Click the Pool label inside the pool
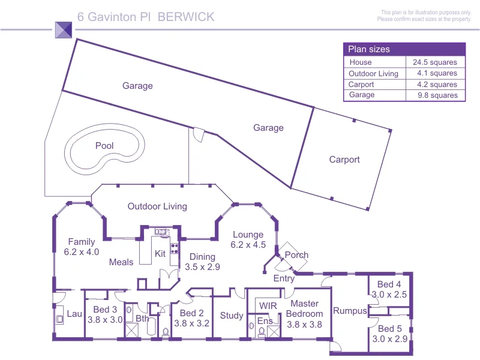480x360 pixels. tap(104, 146)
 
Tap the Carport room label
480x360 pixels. tap(344, 160)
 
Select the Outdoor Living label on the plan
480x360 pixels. tap(157, 206)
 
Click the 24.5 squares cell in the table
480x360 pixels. tap(434, 62)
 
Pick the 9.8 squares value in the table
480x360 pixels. tap(434, 95)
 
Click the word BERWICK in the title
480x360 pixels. tap(186, 17)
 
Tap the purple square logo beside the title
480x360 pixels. tap(64, 30)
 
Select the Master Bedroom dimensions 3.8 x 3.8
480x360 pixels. tap(304, 325)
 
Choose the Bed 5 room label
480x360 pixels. tap(389, 329)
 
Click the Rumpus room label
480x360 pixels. tap(349, 311)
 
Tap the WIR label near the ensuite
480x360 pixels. tap(268, 305)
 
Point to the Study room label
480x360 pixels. tap(232, 316)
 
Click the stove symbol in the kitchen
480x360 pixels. tap(175, 248)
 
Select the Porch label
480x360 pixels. tap(296, 255)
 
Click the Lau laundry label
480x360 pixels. tap(74, 314)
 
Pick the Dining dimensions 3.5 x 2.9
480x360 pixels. tap(202, 267)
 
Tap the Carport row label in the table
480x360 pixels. tap(361, 85)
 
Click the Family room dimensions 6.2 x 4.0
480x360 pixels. tap(81, 253)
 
